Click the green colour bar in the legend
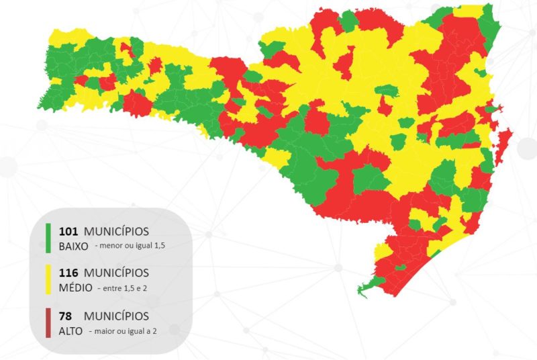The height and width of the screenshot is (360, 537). [x=48, y=238]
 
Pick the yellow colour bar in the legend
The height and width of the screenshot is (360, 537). [x=48, y=280]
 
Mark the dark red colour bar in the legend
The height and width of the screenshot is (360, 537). [x=48, y=322]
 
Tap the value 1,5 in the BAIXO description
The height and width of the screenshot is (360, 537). [x=158, y=246]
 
